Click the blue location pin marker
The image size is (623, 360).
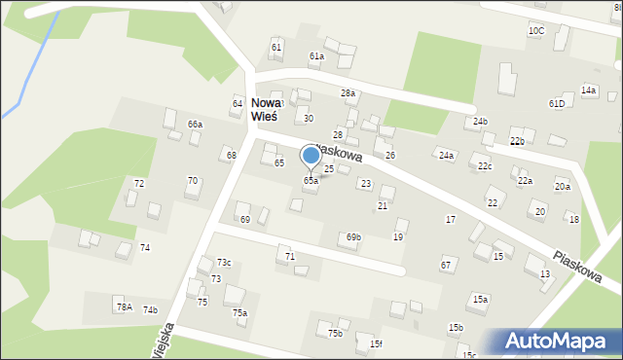pos(311,156)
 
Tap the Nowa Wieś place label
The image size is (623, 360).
pos(264,109)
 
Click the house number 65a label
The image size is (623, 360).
pos(311,180)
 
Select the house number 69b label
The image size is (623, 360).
pos(353,236)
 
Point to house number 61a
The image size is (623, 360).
pos(316,56)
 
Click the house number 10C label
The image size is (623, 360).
pos(536,31)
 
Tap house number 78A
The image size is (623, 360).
pos(124,306)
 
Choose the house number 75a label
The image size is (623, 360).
pos(239,312)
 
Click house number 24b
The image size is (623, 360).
pos(480,122)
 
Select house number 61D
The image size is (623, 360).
pos(556,103)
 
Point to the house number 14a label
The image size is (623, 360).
pos(588,90)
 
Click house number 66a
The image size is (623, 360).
pos(196,125)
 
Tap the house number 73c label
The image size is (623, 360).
pos(224,263)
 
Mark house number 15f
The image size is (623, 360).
pos(376,343)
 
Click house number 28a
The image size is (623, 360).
pos(348,93)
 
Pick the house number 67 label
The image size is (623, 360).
pos(446,265)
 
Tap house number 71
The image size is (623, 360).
pos(289,255)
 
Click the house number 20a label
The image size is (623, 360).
pos(563,186)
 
